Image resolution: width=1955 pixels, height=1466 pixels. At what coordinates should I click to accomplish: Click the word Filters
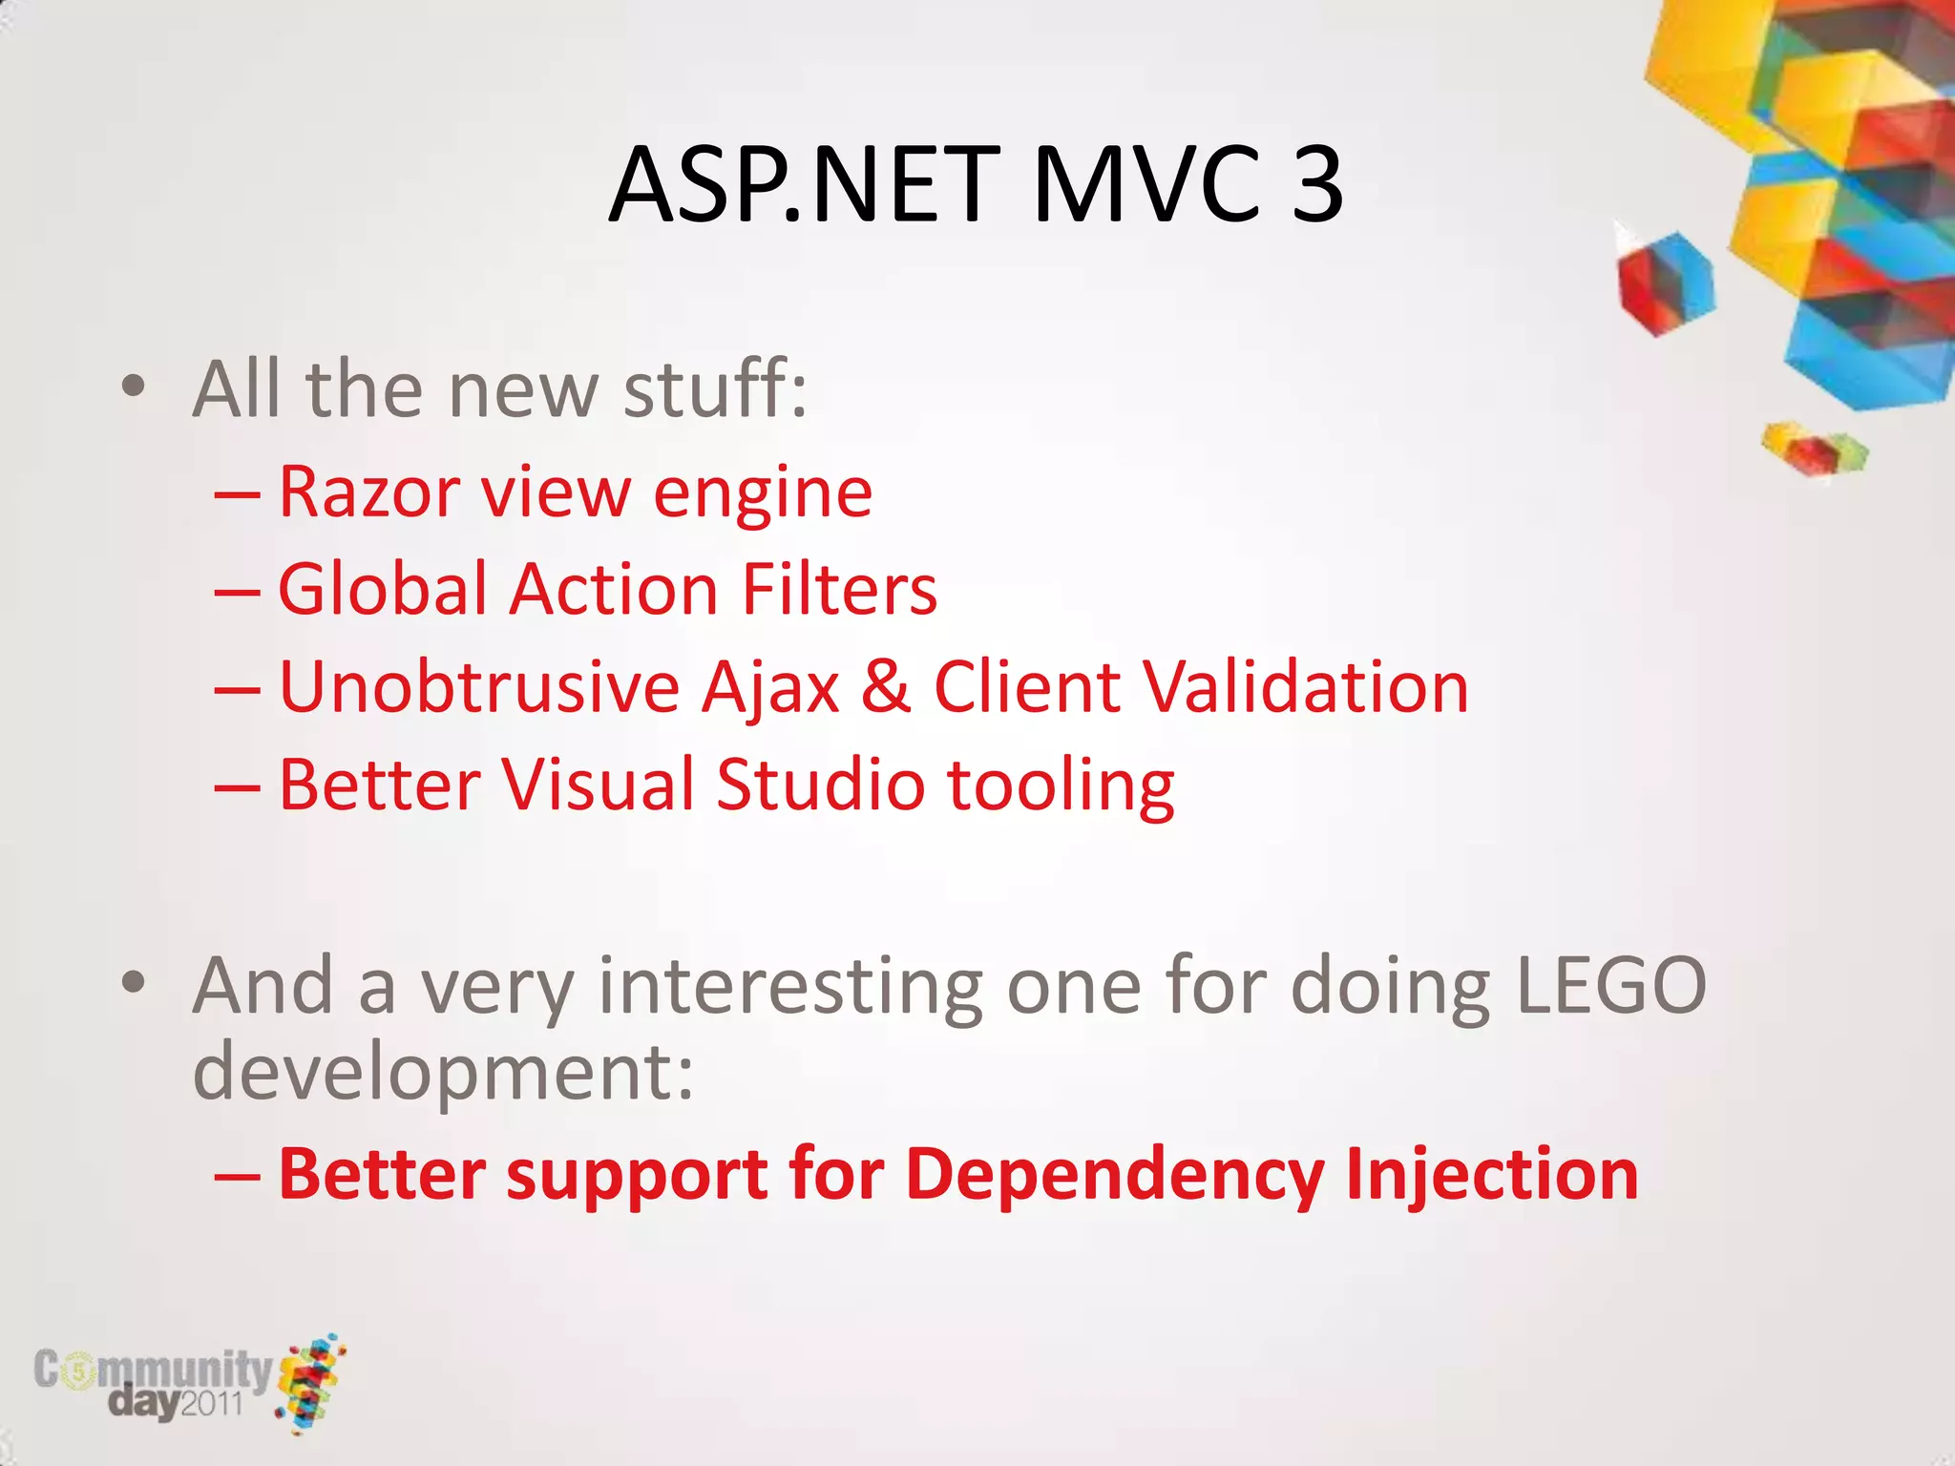pos(839,590)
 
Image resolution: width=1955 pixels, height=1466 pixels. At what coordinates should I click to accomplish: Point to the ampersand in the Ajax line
pos(886,686)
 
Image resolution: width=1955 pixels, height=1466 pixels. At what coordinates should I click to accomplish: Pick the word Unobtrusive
pos(478,686)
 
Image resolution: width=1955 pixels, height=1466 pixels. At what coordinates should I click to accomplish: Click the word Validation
pos(1306,686)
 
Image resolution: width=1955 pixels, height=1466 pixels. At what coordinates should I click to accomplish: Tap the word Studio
pos(820,785)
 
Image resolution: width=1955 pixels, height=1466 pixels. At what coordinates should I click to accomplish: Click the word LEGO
pos(1610,986)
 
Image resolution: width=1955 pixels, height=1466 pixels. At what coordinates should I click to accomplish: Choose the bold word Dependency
pos(1114,1176)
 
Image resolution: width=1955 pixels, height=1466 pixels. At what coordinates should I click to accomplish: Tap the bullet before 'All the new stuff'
pos(134,387)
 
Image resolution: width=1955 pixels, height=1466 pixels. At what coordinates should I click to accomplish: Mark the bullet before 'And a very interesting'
pos(134,983)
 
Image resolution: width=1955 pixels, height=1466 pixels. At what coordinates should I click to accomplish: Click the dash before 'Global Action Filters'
pos(237,592)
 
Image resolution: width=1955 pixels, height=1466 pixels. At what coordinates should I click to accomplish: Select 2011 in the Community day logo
pos(212,1403)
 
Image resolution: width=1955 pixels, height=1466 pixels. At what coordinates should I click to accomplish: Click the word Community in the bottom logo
pos(153,1371)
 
